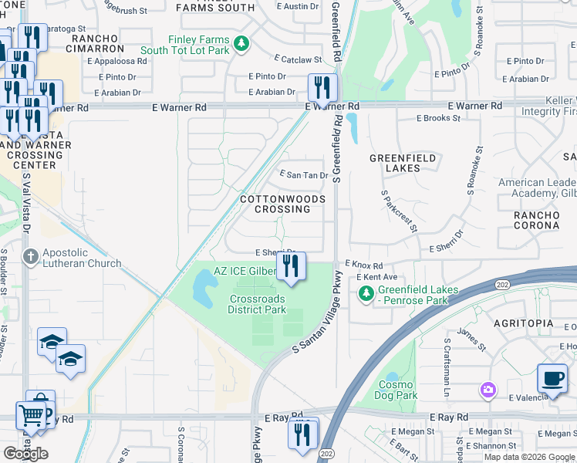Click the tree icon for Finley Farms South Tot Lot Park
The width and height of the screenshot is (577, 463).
tap(242, 43)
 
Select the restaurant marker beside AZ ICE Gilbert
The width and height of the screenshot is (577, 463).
tap(291, 267)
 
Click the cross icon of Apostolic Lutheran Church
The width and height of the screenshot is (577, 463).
tap(30, 257)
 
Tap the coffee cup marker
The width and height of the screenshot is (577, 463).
tap(552, 379)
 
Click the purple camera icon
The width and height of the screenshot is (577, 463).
tap(488, 390)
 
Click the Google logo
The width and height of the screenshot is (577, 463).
tap(25, 454)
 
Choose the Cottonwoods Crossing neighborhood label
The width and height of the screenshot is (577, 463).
tap(282, 204)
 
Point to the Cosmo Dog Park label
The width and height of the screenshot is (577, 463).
tap(397, 390)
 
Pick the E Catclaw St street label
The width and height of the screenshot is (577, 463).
tap(298, 59)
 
